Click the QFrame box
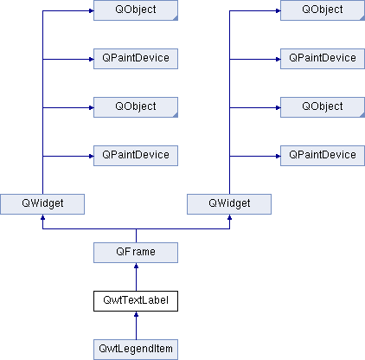(136, 253)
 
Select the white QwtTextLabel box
(136, 301)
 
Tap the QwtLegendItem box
(136, 350)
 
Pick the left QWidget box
(42, 204)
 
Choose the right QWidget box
(229, 204)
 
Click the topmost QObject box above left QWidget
(136, 10)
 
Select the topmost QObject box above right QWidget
(323, 10)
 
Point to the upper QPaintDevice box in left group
(136, 59)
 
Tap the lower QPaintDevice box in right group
(323, 156)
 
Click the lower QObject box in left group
(136, 107)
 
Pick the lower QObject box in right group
(323, 107)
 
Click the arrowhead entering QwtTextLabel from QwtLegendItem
(136, 314)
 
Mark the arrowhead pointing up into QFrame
(136, 266)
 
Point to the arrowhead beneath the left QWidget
(42, 217)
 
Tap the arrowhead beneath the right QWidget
(229, 217)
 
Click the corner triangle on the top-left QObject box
(176, 18)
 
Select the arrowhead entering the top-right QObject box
(278, 11)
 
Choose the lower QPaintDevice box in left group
(136, 156)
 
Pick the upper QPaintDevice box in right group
(323, 59)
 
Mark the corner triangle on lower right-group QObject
(362, 115)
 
